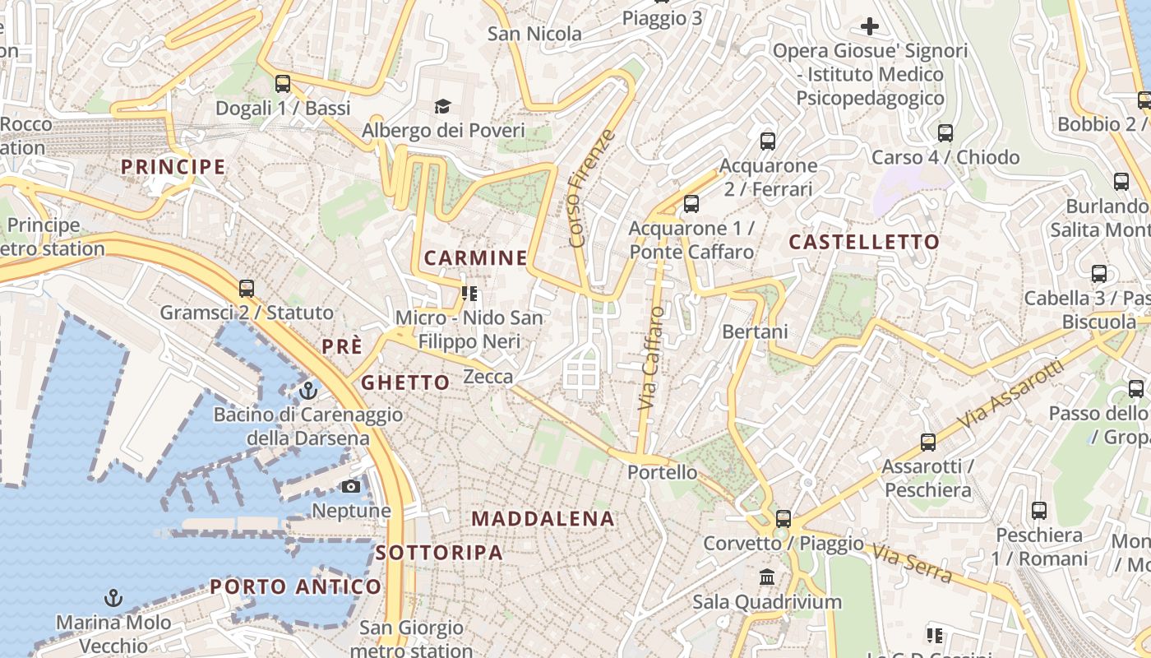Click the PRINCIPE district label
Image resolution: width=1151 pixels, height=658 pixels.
pos(173,167)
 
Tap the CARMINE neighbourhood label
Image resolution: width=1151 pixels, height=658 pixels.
pos(476,258)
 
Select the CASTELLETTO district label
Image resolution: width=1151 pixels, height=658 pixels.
pos(864,242)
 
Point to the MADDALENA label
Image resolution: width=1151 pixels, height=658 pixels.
pos(543,519)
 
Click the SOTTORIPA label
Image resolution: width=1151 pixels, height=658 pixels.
pos(439,553)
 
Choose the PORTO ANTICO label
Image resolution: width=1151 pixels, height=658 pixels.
pos(296,586)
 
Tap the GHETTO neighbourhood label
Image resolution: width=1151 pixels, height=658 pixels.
pos(405,382)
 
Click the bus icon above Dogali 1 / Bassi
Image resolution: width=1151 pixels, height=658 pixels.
pos(283,83)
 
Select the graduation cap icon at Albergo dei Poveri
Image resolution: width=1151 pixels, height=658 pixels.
pos(442,106)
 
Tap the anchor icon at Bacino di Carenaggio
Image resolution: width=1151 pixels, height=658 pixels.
pos(308,390)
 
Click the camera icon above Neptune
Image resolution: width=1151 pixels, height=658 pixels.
pos(351,486)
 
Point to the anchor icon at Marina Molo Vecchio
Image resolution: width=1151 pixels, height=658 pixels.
pos(113,598)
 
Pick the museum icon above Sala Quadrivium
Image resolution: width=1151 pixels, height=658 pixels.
pos(767,577)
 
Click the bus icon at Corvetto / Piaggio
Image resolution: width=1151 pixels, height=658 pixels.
pos(784,519)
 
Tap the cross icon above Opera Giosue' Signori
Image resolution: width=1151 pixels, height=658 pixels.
pos(870,26)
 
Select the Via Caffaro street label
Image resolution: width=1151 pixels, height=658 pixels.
pos(651,359)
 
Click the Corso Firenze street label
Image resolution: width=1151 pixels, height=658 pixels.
pos(592,188)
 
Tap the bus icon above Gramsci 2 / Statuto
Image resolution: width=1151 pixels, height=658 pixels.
pos(247,289)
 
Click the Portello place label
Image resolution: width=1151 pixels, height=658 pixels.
pos(662,473)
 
